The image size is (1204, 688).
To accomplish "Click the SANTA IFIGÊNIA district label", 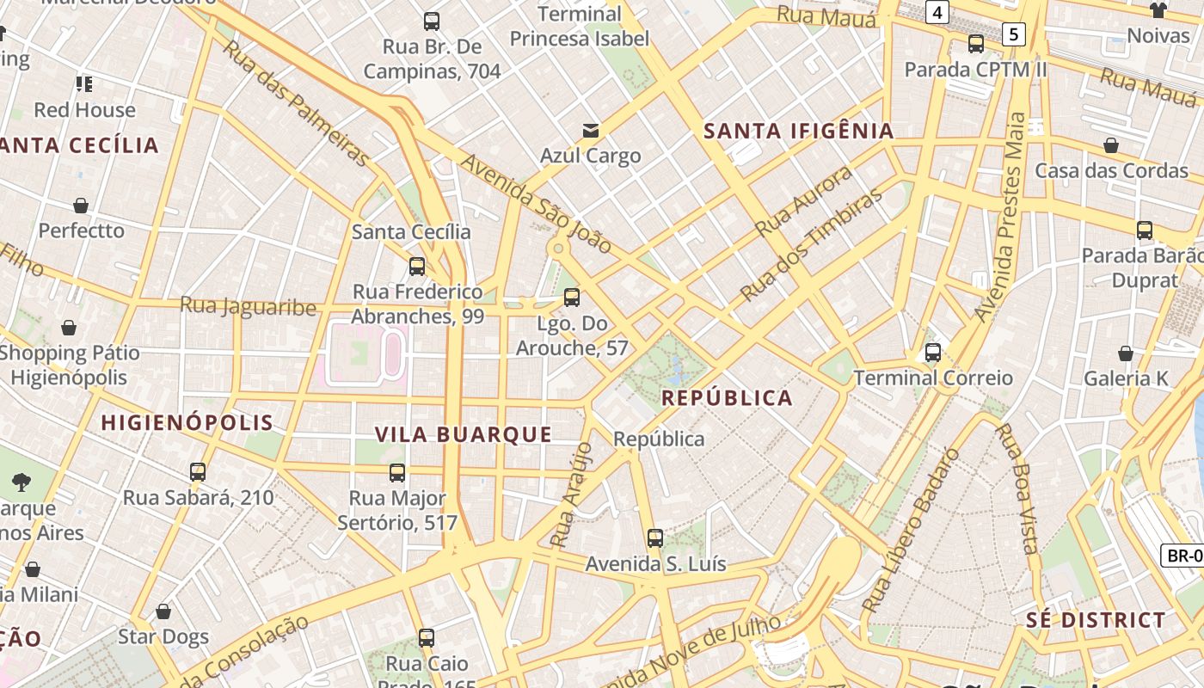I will coord(799,132).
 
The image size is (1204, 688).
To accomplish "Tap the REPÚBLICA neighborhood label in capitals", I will coord(727,398).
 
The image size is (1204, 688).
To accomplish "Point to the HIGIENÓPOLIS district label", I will coord(187,422).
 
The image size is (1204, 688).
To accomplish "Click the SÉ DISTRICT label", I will coord(1096,620).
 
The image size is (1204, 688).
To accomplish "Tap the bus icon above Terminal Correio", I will coord(933,353).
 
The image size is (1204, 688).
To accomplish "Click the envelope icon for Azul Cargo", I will coord(591,131).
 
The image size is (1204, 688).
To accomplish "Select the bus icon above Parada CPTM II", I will coord(976,44).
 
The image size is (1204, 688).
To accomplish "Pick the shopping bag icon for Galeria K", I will coord(1126,353).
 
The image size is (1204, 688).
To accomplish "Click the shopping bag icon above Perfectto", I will coord(81,206).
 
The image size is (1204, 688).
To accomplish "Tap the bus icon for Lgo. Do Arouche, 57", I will coord(572,298).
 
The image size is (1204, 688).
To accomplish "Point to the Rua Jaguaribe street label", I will coord(248,306).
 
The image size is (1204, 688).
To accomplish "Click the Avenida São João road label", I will coord(536,204).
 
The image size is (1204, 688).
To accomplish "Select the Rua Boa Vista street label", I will coord(1016,488).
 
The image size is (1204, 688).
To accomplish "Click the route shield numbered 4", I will coord(937,12).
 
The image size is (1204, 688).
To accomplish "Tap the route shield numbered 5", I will coord(1015,34).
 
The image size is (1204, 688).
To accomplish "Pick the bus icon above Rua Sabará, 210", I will coord(198,472).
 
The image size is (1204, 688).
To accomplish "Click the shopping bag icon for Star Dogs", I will coord(163,611).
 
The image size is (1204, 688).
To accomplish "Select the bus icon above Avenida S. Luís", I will coord(655,538).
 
